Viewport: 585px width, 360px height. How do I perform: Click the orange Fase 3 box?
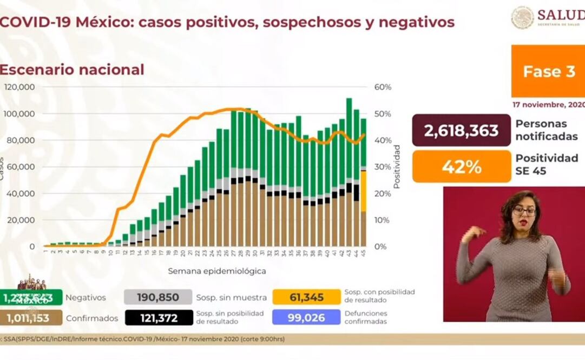pyautogui.click(x=548, y=71)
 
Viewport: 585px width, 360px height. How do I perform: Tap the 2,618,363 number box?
pyautogui.click(x=462, y=130)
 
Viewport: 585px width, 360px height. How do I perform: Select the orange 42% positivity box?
pyautogui.click(x=462, y=166)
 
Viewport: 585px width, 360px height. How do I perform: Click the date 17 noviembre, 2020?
pyautogui.click(x=548, y=105)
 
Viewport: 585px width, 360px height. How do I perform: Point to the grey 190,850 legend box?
pyautogui.click(x=158, y=297)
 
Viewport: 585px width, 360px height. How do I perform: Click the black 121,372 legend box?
pyautogui.click(x=158, y=318)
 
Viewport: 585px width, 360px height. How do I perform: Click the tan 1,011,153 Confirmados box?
pyautogui.click(x=31, y=318)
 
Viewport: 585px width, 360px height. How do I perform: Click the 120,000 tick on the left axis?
pyautogui.click(x=20, y=87)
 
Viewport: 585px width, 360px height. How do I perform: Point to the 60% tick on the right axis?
pyautogui.click(x=383, y=87)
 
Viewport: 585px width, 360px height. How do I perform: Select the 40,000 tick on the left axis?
pyautogui.click(x=22, y=194)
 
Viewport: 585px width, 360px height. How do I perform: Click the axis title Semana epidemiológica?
pyautogui.click(x=216, y=271)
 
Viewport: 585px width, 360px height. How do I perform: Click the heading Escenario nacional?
pyautogui.click(x=72, y=70)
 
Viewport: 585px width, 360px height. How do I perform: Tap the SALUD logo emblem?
pyautogui.click(x=522, y=17)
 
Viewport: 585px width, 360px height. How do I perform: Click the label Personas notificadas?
pyautogui.click(x=546, y=130)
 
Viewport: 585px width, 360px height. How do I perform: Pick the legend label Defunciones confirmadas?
pyautogui.click(x=366, y=317)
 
